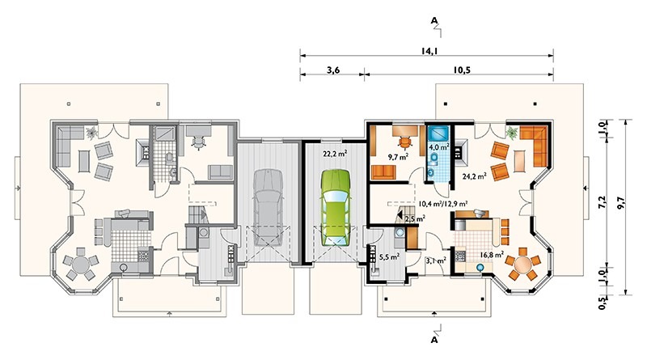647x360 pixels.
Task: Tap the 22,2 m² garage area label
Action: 335,154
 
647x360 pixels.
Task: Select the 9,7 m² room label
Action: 398,156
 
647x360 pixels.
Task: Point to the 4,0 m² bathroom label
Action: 438,146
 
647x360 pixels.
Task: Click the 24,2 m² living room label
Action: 474,176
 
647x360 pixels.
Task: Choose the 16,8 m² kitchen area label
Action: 492,255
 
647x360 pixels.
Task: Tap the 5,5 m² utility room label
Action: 389,256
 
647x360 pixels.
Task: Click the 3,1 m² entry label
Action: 436,260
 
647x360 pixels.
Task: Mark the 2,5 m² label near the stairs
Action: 415,218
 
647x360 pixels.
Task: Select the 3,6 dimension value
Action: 333,70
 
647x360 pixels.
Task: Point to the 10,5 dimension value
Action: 462,70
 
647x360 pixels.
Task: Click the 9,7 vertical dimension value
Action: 620,203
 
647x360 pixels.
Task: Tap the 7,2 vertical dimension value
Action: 602,203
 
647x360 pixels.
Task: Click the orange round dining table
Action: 522,263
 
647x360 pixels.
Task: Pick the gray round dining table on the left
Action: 81,264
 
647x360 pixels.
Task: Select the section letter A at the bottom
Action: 433,341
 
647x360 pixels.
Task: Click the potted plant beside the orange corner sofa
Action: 512,133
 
